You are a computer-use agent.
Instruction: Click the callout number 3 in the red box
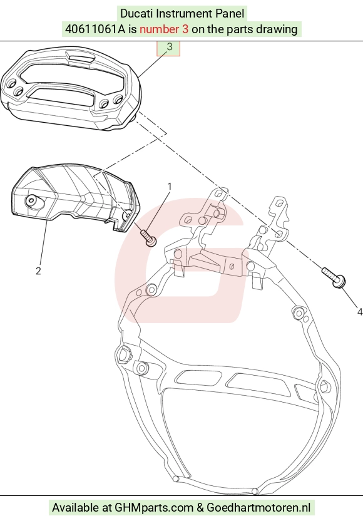click(x=170, y=47)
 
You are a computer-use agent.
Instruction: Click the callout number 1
click(x=170, y=187)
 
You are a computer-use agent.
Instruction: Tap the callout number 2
click(x=38, y=271)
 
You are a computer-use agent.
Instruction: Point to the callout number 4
click(x=359, y=312)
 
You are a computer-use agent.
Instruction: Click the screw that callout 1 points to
click(x=148, y=238)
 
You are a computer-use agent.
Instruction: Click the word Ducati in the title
click(x=136, y=14)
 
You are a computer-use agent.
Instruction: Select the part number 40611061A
click(x=95, y=29)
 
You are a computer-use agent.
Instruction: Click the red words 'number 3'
click(x=164, y=29)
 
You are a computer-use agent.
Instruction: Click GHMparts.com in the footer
click(x=154, y=508)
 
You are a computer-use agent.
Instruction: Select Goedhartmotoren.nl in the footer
click(x=258, y=508)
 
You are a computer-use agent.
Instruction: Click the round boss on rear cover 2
click(x=32, y=200)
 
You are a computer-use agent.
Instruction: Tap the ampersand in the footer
click(x=200, y=508)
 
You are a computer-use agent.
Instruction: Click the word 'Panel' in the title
click(x=230, y=14)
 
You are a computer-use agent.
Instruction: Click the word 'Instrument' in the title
click(x=184, y=14)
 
